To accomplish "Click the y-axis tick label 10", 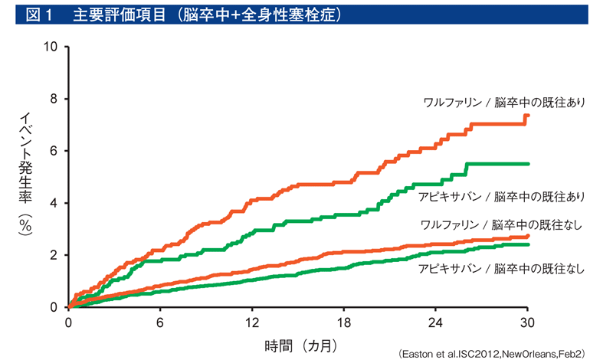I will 53,47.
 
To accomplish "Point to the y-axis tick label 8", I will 55,99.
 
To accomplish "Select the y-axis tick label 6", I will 55,151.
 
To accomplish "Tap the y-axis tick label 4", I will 55,203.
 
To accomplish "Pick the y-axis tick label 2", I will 55,255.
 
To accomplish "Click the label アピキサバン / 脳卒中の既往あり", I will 502,197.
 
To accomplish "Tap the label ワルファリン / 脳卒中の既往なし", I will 502,224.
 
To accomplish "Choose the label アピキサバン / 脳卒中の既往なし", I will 502,269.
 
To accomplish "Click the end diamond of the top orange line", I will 527,116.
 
